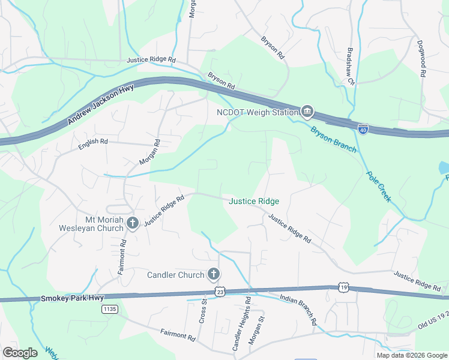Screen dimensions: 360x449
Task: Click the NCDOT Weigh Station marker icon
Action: [307, 111]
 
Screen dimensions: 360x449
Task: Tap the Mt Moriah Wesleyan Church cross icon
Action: [133, 224]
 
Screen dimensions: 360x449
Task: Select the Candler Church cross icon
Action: [213, 275]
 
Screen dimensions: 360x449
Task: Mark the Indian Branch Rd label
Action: [299, 310]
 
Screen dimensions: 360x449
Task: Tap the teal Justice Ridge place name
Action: [254, 201]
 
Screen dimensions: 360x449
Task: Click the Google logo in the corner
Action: [20, 352]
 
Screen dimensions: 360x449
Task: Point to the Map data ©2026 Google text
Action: [412, 355]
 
